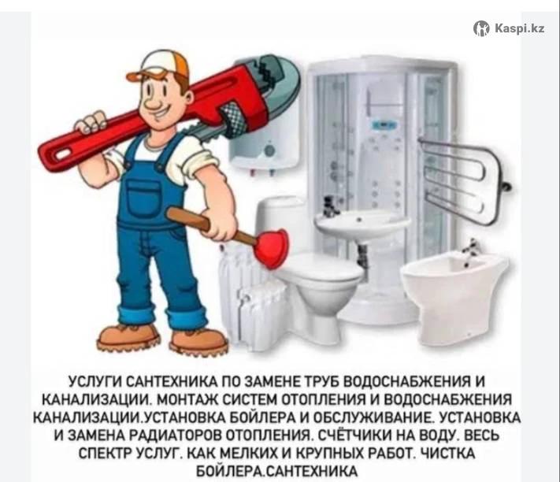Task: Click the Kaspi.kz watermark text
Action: tap(520, 28)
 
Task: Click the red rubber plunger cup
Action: tap(272, 248)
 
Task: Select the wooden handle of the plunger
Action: tap(210, 226)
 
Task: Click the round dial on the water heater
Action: tap(270, 150)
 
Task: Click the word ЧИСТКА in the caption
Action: tap(448, 454)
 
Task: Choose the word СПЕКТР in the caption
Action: tap(105, 454)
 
